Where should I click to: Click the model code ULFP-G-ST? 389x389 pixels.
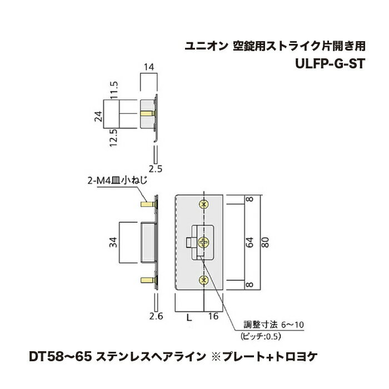tap(330, 64)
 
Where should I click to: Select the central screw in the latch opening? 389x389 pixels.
tap(203, 242)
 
